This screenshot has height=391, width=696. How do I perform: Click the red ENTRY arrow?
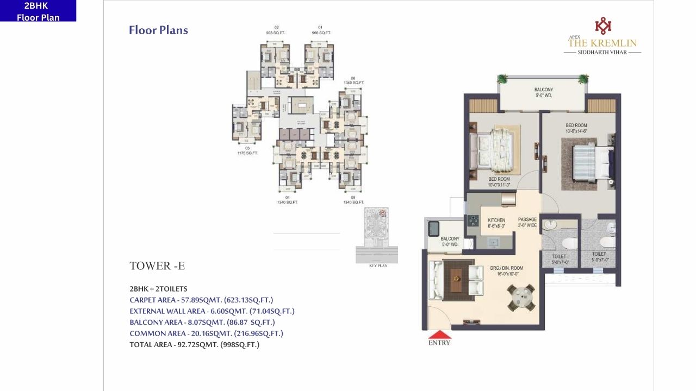pyautogui.click(x=439, y=335)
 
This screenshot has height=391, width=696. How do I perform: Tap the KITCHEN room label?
pyautogui.click(x=496, y=223)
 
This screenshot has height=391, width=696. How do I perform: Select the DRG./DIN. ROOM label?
pyautogui.click(x=506, y=271)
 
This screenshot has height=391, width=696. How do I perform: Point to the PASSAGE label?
pyautogui.click(x=527, y=222)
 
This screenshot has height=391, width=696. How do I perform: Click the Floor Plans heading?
pyautogui.click(x=158, y=30)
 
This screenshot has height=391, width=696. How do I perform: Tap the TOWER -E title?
pyautogui.click(x=157, y=266)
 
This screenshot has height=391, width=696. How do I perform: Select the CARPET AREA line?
pyautogui.click(x=201, y=300)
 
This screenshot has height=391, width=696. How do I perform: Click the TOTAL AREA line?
pyautogui.click(x=194, y=344)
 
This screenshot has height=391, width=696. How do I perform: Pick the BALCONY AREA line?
pyautogui.click(x=202, y=322)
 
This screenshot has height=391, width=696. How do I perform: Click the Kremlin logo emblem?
pyautogui.click(x=602, y=26)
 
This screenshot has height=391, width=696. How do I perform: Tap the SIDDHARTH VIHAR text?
pyautogui.click(x=602, y=52)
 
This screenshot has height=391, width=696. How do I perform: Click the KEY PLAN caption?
pyautogui.click(x=377, y=266)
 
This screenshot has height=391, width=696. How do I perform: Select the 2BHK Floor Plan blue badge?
pyautogui.click(x=38, y=11)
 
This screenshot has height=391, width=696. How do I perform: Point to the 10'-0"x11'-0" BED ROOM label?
pyautogui.click(x=499, y=182)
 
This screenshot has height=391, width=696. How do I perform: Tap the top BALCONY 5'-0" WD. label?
pyautogui.click(x=543, y=93)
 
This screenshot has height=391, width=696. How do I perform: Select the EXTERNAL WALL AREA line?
pyautogui.click(x=212, y=311)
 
